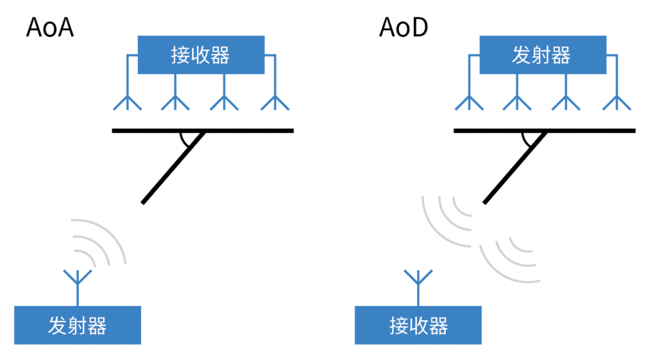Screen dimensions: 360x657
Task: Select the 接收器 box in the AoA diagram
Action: point(201,55)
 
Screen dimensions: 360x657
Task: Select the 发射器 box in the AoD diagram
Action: point(542,55)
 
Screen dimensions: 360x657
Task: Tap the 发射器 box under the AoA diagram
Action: point(78,325)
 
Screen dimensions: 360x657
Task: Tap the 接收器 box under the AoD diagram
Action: point(418,325)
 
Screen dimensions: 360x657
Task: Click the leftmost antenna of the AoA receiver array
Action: point(127,101)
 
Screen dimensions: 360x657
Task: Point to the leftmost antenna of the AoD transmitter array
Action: point(468,101)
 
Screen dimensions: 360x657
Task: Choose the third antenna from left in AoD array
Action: point(566,101)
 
